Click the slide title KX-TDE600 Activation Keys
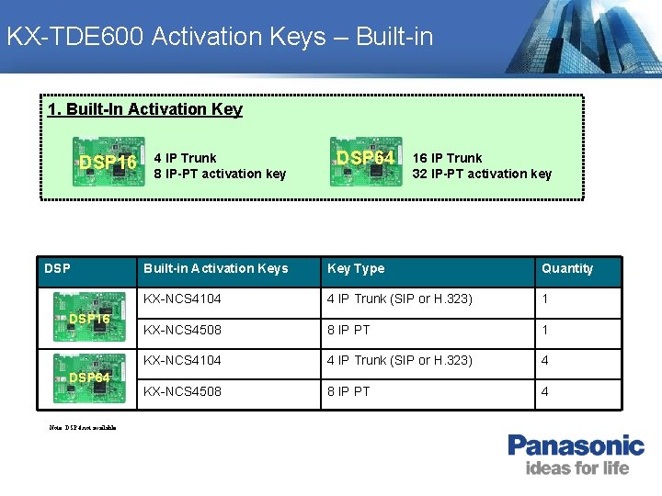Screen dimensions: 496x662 pyautogui.click(x=219, y=37)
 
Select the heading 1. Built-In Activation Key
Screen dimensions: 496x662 pyautogui.click(x=145, y=109)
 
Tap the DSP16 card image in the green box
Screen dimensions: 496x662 pyautogui.click(x=107, y=163)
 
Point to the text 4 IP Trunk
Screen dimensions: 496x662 pyautogui.click(x=185, y=158)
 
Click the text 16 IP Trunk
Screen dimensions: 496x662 pyautogui.click(x=447, y=158)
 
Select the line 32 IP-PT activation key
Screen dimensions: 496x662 pyautogui.click(x=482, y=174)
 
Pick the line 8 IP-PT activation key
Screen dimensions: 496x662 pyautogui.click(x=220, y=174)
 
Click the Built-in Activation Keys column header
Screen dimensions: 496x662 pyautogui.click(x=215, y=268)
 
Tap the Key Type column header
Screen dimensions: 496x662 pyautogui.click(x=356, y=268)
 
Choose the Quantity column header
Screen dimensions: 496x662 pyautogui.click(x=567, y=268)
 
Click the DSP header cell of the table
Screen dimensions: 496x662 pyautogui.click(x=56, y=268)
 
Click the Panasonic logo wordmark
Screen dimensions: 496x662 pyautogui.click(x=576, y=446)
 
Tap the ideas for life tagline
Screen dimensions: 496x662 pyautogui.click(x=576, y=468)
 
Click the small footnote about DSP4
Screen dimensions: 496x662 pyautogui.click(x=83, y=427)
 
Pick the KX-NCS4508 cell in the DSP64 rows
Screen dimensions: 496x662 pyautogui.click(x=182, y=391)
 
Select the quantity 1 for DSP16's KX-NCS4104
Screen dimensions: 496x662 pyautogui.click(x=545, y=299)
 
